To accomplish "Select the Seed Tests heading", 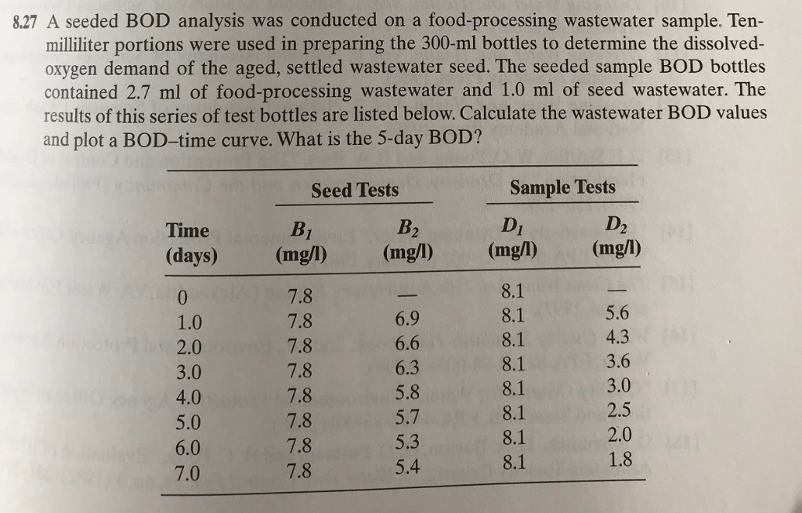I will coord(355,190).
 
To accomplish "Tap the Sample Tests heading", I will coord(562,187).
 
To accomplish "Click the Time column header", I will coord(188,230).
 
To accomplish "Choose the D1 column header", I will coord(511,229).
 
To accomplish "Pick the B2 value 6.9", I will coord(408,319).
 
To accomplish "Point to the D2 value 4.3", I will coord(618,337).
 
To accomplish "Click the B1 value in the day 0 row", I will coord(301,297).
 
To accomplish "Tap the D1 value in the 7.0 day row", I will coord(511,462).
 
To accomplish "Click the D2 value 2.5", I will coord(618,410).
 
